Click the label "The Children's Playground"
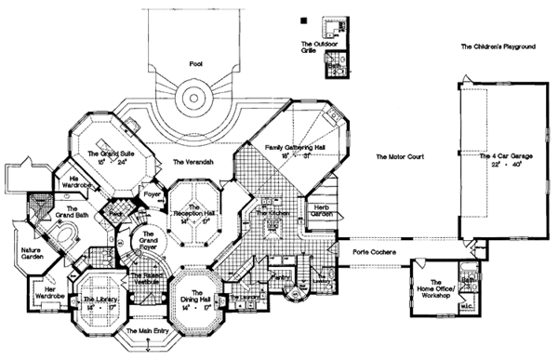(503, 47)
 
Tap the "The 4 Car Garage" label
(506, 158)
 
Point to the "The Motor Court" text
(400, 158)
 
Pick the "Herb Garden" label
(323, 210)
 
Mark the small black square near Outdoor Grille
(303, 20)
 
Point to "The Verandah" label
(193, 162)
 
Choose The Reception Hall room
(194, 215)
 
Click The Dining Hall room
(193, 297)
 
